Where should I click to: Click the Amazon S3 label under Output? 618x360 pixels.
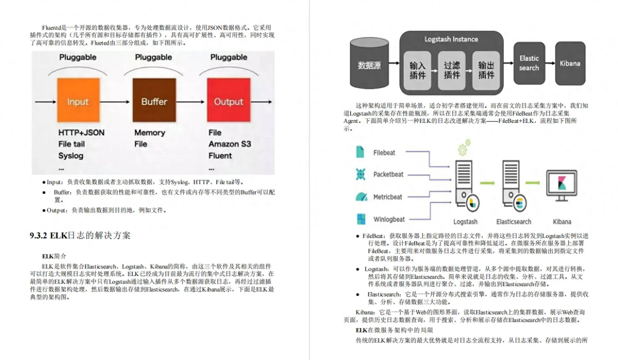click(x=230, y=144)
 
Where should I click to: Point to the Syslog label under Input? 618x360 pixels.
click(x=71, y=155)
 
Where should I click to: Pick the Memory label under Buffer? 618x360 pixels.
click(x=150, y=133)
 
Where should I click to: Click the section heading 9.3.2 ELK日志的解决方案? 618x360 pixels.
click(x=80, y=235)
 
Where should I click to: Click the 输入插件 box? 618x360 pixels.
click(x=417, y=70)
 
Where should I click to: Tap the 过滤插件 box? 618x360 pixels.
click(x=452, y=70)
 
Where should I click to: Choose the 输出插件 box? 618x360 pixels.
click(x=486, y=70)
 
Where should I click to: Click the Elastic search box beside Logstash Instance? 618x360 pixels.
click(x=529, y=63)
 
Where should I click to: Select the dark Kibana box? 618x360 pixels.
click(x=570, y=63)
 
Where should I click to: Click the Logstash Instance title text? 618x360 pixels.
click(x=451, y=39)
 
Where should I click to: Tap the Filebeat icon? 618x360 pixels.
click(x=361, y=152)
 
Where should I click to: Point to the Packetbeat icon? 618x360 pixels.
click(x=361, y=174)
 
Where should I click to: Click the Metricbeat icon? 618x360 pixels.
click(x=361, y=197)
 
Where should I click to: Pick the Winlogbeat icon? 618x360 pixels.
click(x=361, y=219)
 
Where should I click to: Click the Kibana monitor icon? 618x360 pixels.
click(x=561, y=186)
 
